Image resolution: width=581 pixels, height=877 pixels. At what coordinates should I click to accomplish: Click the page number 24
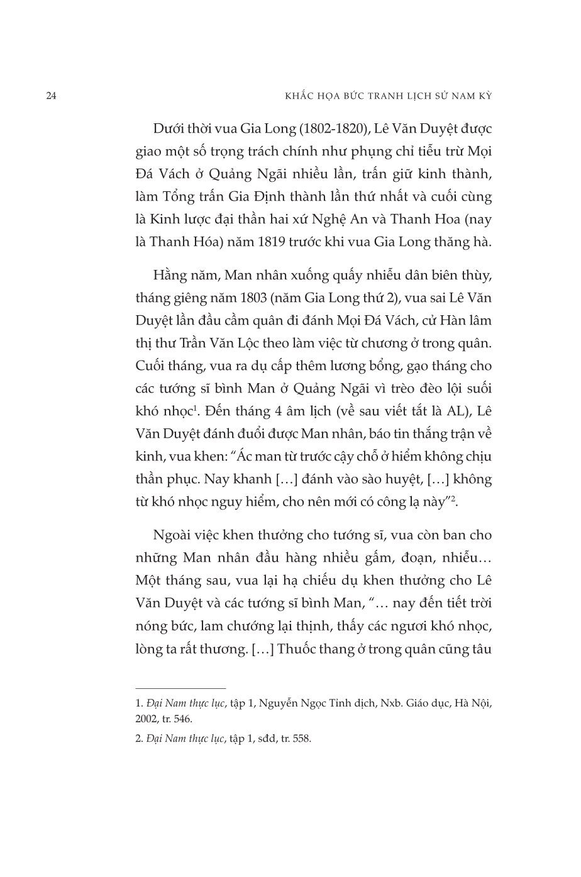pos(52,96)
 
